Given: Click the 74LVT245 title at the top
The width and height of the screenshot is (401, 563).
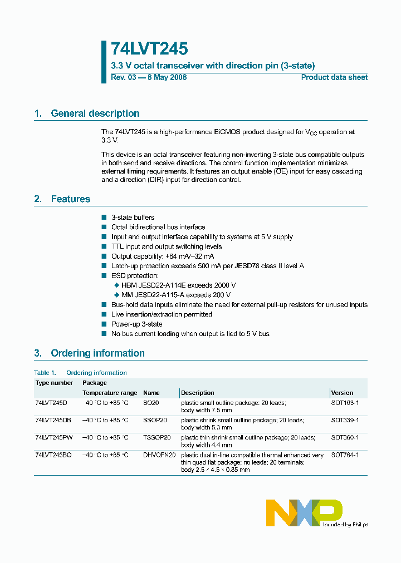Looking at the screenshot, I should tap(149, 49).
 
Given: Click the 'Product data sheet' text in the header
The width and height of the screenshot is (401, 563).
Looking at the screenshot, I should tap(334, 77).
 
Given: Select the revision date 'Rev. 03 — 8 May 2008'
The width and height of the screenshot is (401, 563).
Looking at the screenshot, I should tap(149, 77).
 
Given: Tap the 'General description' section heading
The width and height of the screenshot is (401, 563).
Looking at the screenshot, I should tap(95, 113).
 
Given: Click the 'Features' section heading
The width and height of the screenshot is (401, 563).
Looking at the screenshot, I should tap(70, 199).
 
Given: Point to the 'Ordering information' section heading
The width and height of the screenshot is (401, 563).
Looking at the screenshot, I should tap(97, 353).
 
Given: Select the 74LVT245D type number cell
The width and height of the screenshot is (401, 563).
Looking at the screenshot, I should tap(51, 403).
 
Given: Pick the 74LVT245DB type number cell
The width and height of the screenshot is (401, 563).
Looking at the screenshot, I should tap(53, 421).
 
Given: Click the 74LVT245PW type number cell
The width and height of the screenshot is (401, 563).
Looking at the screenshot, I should tap(53, 438).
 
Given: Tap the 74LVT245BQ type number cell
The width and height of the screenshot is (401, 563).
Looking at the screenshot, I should tap(53, 455).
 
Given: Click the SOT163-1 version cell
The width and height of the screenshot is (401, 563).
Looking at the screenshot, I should tap(345, 403).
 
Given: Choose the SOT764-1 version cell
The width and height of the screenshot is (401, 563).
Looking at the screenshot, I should tap(345, 455).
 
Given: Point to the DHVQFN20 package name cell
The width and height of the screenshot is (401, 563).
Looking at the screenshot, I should tap(159, 455).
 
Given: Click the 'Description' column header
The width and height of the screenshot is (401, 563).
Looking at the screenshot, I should tap(198, 393).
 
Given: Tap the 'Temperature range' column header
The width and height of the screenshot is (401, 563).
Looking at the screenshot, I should tap(110, 393).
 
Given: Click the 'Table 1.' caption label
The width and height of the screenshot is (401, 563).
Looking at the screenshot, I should tap(45, 373).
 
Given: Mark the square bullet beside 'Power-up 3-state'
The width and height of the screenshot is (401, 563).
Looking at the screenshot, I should tap(104, 324).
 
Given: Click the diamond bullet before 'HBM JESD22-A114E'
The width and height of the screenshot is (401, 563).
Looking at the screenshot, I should tap(116, 285).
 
